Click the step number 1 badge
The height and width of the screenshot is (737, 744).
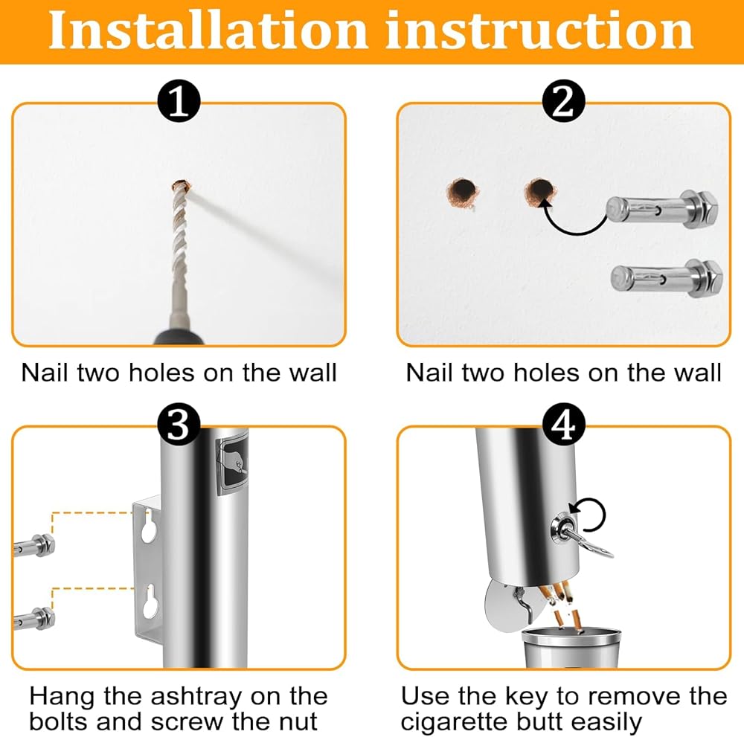pos(179,100)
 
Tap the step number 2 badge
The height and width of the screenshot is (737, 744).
pos(564,100)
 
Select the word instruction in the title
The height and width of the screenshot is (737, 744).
pos(539,30)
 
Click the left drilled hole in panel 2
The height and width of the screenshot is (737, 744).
pos(463,193)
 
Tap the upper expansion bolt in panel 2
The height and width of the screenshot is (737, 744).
pos(662,209)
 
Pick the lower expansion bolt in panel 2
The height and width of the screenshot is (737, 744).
pos(667,277)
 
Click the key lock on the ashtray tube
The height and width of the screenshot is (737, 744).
pos(562,529)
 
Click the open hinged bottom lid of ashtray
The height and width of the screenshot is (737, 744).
pos(503,607)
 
